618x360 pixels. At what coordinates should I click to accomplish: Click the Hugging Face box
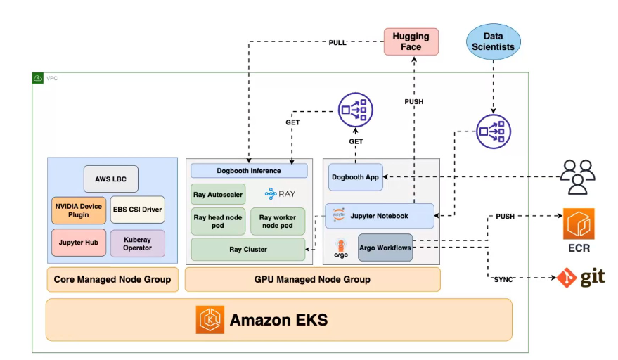[x=411, y=41]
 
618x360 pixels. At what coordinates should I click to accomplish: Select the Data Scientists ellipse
[x=494, y=41]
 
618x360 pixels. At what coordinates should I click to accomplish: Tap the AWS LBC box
[x=111, y=179]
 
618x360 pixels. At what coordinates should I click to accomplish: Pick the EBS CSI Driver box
[x=138, y=210]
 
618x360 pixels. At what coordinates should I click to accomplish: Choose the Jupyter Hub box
[x=78, y=243]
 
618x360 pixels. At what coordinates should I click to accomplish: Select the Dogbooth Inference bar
[x=249, y=171]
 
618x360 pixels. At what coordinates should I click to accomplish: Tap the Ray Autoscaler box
[x=218, y=193]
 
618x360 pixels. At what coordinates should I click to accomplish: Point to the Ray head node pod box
[x=218, y=221]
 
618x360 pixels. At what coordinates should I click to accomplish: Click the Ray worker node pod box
[x=278, y=221]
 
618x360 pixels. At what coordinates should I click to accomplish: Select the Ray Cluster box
[x=248, y=249]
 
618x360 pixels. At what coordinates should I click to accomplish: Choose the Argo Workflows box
[x=385, y=247]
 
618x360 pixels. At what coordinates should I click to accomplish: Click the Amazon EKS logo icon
[x=210, y=320]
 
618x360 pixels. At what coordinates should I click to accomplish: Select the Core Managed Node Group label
[x=112, y=279]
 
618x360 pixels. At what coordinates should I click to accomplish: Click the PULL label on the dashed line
[x=337, y=43]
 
